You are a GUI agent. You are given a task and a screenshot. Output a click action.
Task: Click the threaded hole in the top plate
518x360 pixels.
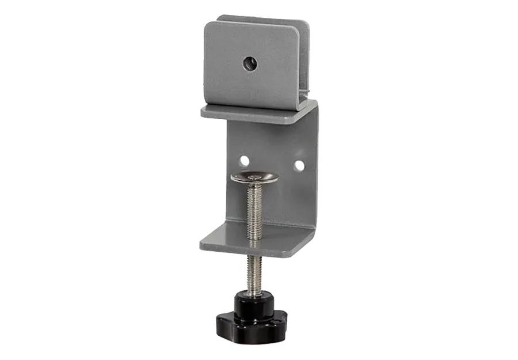click(x=249, y=63)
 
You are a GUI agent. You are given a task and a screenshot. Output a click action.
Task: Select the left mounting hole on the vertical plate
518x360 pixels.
click(x=245, y=160)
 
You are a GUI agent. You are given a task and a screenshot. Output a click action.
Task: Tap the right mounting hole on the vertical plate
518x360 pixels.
click(x=299, y=165)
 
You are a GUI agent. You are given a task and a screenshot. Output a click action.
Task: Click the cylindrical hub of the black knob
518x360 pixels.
click(x=250, y=302)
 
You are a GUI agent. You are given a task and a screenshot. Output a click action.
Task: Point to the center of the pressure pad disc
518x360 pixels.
click(x=254, y=177)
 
